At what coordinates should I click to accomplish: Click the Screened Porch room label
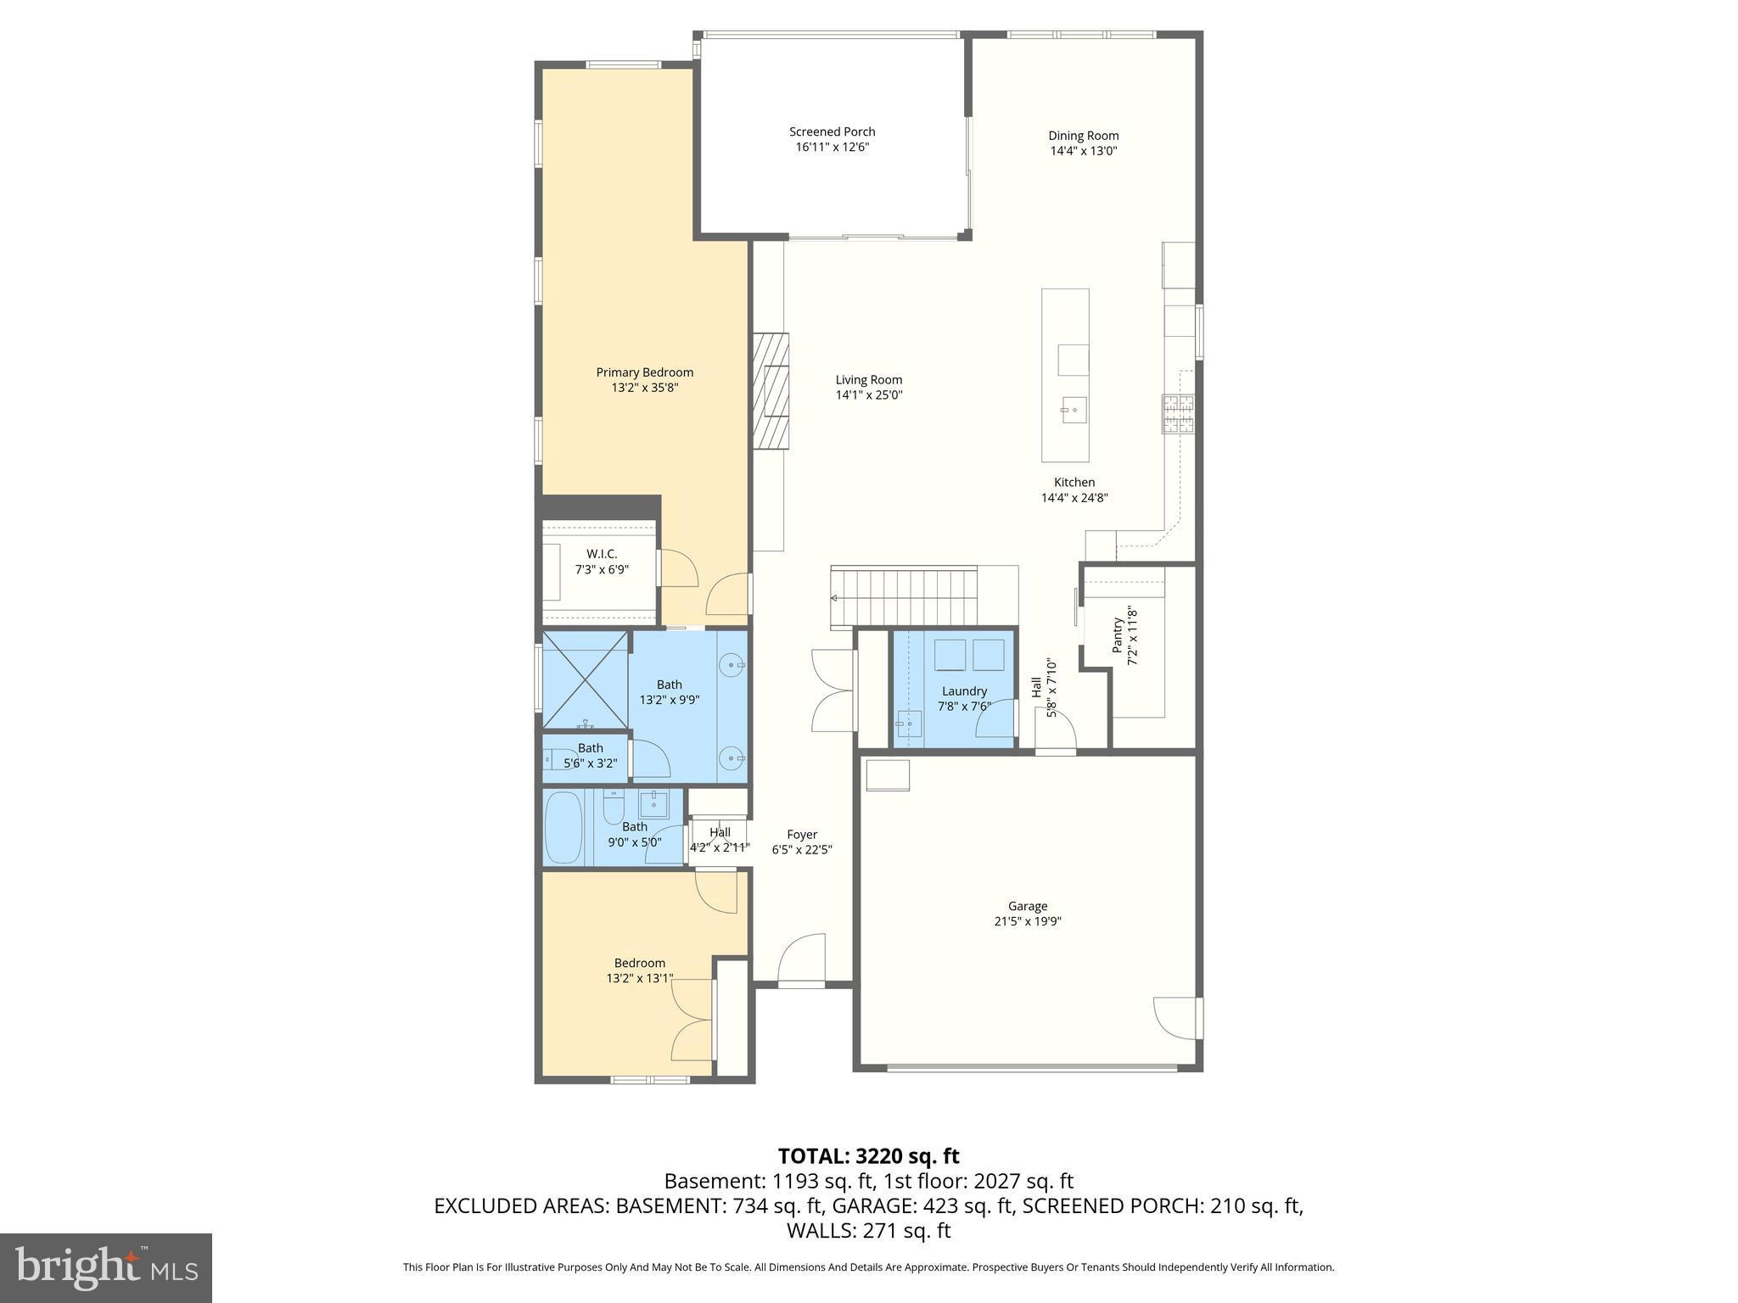832,131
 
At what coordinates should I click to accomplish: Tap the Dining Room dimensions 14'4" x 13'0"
1084,151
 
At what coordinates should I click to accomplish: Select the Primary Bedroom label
644,372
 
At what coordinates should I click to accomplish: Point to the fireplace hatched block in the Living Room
771,390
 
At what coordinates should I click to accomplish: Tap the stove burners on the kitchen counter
1178,415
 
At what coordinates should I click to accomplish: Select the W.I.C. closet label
602,554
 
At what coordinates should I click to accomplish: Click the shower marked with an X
585,679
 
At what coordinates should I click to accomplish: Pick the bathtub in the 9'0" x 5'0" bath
563,828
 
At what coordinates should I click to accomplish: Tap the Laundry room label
964,691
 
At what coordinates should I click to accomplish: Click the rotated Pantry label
1118,635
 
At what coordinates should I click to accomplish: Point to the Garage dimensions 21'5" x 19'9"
1028,921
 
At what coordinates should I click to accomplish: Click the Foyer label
802,834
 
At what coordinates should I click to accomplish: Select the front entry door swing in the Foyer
802,959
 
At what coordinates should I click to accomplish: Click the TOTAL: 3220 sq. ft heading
868,1156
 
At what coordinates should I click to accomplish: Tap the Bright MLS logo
106,1268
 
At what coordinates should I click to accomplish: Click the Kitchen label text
1074,483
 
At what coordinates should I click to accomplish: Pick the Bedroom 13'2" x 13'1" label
640,970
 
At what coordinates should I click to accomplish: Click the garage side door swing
1175,1018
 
